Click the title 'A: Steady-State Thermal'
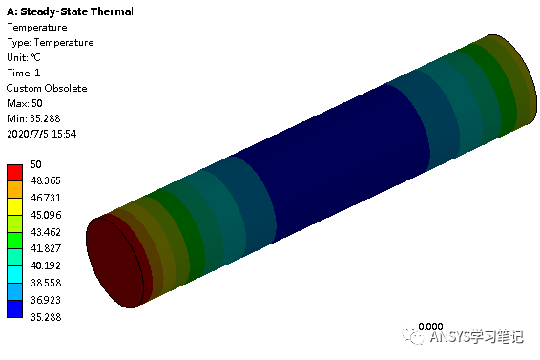[x=70, y=11]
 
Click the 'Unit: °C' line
[x=24, y=57]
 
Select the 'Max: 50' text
[x=25, y=103]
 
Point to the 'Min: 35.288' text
[x=33, y=118]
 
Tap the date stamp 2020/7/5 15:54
[x=41, y=134]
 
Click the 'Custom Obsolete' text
[x=47, y=88]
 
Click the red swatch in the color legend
[x=15, y=173]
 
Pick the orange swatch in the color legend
[x=15, y=190]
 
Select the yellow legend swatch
[x=15, y=206]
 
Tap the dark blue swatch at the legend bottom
[x=15, y=308]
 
